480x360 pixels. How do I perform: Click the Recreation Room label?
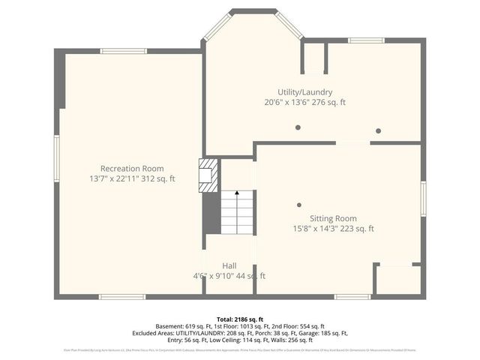point(132,169)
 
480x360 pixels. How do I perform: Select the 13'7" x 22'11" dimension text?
point(132,179)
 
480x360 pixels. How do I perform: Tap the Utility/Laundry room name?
point(304,91)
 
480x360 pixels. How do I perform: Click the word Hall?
point(229,265)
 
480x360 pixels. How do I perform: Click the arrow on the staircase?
point(238,193)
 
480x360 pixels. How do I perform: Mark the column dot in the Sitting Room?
point(299,204)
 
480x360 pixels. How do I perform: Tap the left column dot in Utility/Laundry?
point(298,127)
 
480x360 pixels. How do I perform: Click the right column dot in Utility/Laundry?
point(378,130)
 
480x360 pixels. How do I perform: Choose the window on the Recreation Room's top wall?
point(124,51)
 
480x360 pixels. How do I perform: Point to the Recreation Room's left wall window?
point(56,158)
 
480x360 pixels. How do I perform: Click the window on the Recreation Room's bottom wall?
point(122,297)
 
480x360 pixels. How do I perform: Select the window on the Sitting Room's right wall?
point(423,199)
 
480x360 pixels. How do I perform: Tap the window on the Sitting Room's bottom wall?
point(352,297)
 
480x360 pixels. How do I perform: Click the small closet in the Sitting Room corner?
point(397,280)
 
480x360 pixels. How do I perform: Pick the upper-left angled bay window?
point(217,25)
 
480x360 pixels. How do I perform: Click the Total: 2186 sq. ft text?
point(239,319)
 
